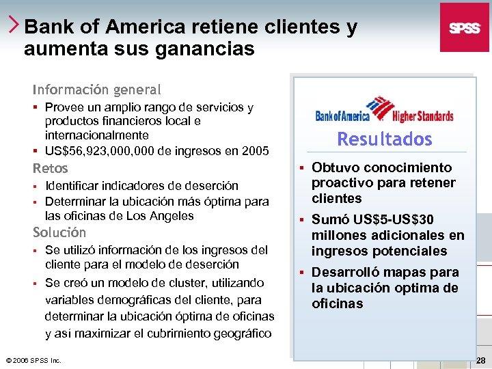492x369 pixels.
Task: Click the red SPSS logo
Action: [464, 27]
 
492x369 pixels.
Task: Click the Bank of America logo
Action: [355, 109]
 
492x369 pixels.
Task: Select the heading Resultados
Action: [385, 139]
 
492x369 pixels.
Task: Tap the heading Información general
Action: [96, 90]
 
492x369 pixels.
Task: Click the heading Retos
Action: [51, 168]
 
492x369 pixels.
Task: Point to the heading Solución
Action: [59, 232]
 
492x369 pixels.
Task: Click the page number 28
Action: [480, 360]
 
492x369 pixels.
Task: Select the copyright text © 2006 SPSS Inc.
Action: [33, 360]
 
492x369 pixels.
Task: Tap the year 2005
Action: [255, 150]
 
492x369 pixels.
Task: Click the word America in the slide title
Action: [148, 27]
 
